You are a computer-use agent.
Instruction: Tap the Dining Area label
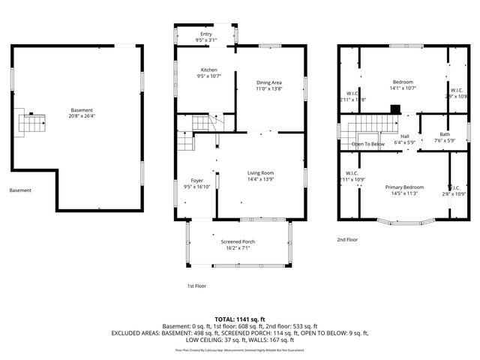269,82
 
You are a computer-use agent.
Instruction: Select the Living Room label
261,173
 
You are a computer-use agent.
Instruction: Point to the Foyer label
197,181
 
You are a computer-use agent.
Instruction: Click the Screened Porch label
238,241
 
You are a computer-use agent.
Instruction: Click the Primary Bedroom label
404,187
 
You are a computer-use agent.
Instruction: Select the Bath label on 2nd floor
445,134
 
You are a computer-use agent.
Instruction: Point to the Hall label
405,136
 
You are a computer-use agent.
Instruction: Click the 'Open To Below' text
368,144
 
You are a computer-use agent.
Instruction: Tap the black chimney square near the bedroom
395,107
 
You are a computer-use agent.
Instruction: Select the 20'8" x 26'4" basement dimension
82,116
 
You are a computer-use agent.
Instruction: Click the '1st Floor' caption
196,286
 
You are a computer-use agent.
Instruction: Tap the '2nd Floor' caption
346,239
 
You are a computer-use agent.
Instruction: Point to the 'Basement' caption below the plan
20,190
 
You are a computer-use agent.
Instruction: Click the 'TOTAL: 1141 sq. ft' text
239,319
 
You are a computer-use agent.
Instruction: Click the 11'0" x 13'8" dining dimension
269,89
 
